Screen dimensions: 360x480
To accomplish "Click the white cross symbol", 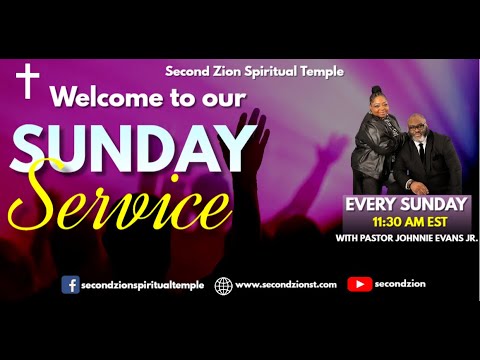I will click(28, 80).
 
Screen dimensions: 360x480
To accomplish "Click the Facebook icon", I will click(71, 285).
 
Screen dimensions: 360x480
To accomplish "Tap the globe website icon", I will click(223, 285).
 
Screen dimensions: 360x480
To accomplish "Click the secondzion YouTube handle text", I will click(401, 285).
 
